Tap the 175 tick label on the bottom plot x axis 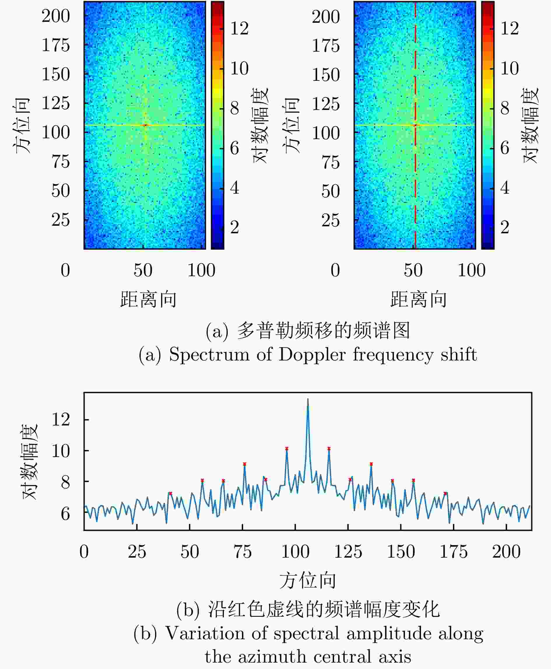tap(453, 552)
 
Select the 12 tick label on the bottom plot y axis tap(61, 419)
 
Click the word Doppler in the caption tap(312, 354)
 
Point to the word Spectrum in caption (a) tap(209, 354)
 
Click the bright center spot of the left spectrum tap(146, 125)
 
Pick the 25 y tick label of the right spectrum tap(330, 220)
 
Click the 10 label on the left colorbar tap(239, 68)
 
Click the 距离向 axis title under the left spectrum tap(148, 299)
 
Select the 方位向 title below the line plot tap(308, 580)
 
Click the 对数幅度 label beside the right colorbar tap(530, 125)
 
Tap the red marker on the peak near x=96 tap(287, 448)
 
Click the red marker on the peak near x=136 tap(371, 464)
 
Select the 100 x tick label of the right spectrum tap(471, 271)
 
